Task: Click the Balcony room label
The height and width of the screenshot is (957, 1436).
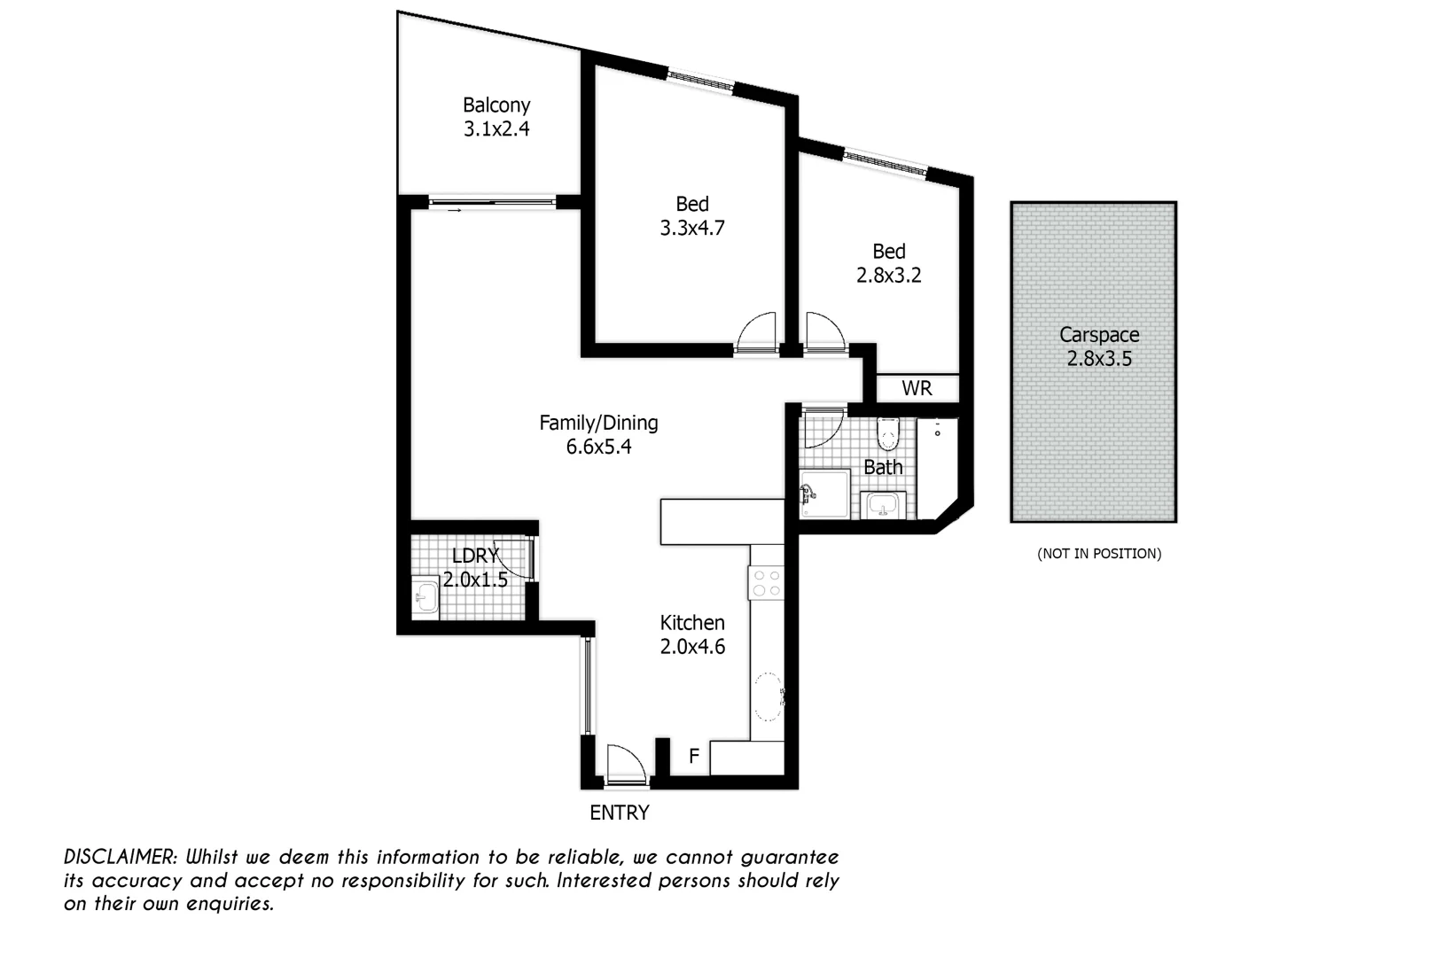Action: [x=496, y=105]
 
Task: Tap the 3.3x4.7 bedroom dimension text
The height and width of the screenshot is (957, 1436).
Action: [x=691, y=229]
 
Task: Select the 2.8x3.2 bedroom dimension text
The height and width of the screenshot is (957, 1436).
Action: [x=888, y=276]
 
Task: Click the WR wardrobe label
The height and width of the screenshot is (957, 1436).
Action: [x=917, y=388]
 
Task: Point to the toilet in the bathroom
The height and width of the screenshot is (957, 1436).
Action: [x=887, y=434]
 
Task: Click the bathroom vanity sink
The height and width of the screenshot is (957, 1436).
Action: [x=883, y=506]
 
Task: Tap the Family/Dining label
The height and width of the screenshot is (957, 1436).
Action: [x=598, y=423]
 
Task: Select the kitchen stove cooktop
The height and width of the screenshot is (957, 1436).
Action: [x=767, y=582]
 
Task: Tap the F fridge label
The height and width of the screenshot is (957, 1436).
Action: [x=694, y=757]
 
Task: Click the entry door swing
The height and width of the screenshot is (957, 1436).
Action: [x=624, y=764]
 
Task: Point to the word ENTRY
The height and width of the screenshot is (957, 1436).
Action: [x=619, y=813]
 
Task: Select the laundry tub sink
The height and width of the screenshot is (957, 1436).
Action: [x=425, y=595]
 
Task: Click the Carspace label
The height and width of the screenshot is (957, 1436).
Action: [x=1099, y=335]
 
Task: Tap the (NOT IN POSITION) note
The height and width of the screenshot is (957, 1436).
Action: [x=1099, y=554]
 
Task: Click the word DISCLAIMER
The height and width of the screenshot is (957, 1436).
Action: [x=121, y=857]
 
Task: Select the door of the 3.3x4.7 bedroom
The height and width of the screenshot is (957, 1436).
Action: [x=757, y=331]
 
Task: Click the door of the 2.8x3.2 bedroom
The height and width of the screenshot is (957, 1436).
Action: [x=823, y=331]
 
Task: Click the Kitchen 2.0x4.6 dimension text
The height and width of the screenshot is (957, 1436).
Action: [x=692, y=647]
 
